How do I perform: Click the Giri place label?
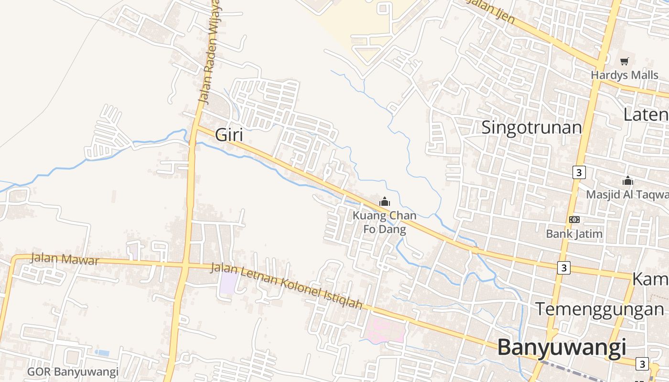pos(229,135)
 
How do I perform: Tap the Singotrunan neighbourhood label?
pos(531,128)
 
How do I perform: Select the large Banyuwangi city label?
pos(561,347)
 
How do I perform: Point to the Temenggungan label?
pos(599,309)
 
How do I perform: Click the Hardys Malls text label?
pos(624,75)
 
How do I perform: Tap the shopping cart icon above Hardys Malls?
pos(624,61)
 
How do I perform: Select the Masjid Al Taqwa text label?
pos(627,194)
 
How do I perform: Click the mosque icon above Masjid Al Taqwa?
pos(627,181)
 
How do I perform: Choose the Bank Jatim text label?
pos(574,234)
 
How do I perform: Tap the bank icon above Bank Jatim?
pos(574,220)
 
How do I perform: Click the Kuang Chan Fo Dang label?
pos(384,223)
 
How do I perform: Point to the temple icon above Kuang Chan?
pos(385,202)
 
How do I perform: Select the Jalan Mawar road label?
pos(65,259)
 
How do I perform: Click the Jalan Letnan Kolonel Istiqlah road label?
pos(286,286)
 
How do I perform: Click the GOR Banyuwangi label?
pos(73,371)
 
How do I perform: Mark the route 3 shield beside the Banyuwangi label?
pos(642,364)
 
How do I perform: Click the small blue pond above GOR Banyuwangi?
pos(102,353)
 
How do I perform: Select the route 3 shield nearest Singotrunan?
pos(579,172)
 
